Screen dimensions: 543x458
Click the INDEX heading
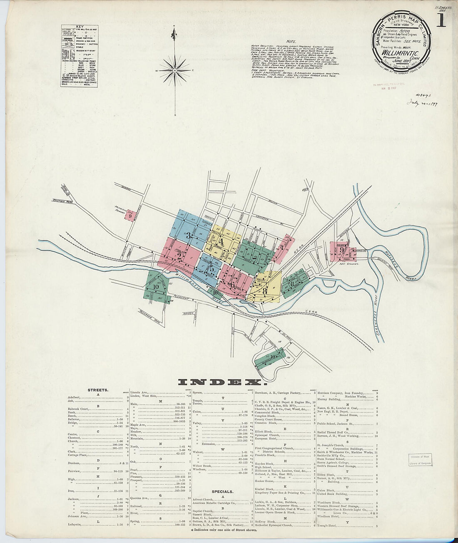[x=221, y=382]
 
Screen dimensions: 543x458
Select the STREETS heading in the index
[x=98, y=390]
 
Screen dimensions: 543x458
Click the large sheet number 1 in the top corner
[x=441, y=20]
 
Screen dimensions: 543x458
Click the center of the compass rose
[x=175, y=71]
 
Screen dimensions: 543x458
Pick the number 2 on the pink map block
[x=179, y=256]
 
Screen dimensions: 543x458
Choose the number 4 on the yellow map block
[x=222, y=242]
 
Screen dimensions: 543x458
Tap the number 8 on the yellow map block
[x=265, y=291]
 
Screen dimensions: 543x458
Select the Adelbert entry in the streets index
[x=75, y=397]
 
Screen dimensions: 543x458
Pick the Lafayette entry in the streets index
[x=76, y=525]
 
